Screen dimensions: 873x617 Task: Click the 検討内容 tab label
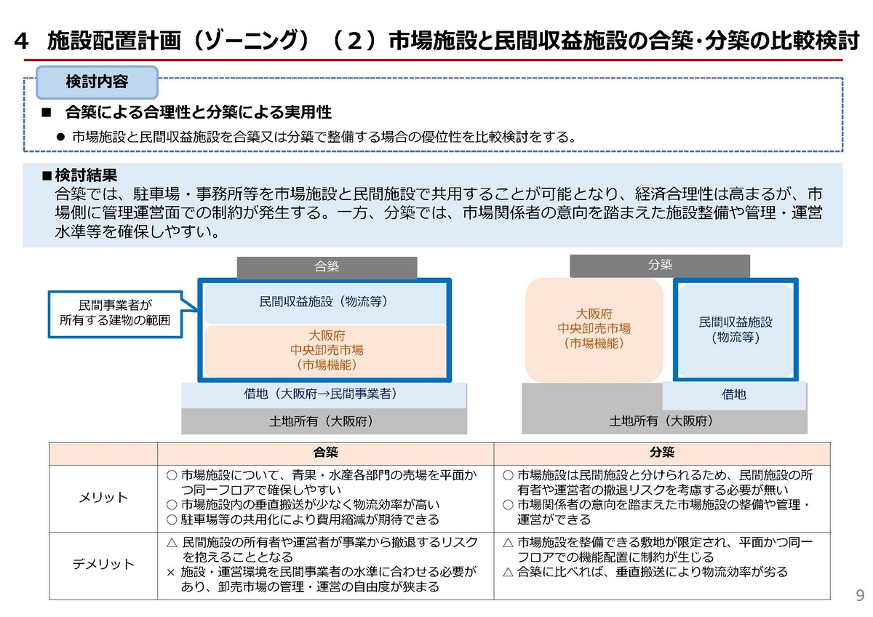click(x=97, y=81)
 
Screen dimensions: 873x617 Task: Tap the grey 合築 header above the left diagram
click(x=327, y=267)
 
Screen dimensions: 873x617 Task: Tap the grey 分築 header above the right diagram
click(x=660, y=266)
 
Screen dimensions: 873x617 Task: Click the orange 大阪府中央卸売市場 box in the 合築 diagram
click(x=326, y=351)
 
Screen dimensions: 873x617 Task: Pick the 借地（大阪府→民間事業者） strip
click(x=324, y=394)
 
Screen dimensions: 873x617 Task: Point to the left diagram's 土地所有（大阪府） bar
click(x=324, y=421)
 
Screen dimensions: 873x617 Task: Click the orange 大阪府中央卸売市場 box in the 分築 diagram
click(x=594, y=329)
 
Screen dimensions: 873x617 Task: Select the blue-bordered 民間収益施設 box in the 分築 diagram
click(x=736, y=329)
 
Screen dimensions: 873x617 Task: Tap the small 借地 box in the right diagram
click(x=733, y=395)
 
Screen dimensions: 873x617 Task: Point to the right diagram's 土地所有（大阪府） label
click(x=661, y=421)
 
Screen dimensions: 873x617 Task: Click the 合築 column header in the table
click(x=325, y=452)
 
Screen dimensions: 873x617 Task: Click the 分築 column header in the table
click(x=662, y=452)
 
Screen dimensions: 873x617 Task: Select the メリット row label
click(x=103, y=498)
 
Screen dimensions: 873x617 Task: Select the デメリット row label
click(x=103, y=564)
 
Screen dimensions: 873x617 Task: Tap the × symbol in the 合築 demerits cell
click(x=171, y=572)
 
